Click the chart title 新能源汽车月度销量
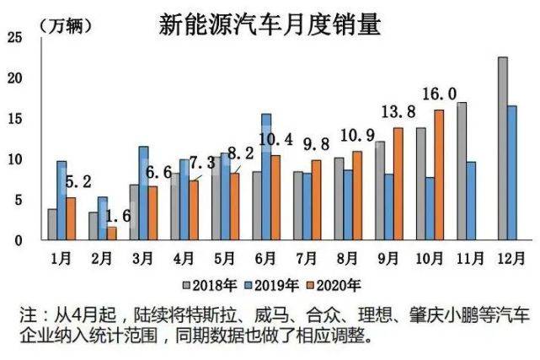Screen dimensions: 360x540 [x=270, y=24]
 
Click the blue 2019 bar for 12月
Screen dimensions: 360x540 [x=512, y=173]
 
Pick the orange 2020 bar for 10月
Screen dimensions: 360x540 [x=438, y=175]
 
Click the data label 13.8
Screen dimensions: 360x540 [x=398, y=111]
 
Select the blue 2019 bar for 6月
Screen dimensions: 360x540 [x=266, y=177]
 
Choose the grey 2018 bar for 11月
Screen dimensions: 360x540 [x=462, y=171]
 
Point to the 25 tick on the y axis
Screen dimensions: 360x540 [x=14, y=37]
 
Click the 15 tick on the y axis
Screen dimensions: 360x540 [x=14, y=119]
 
